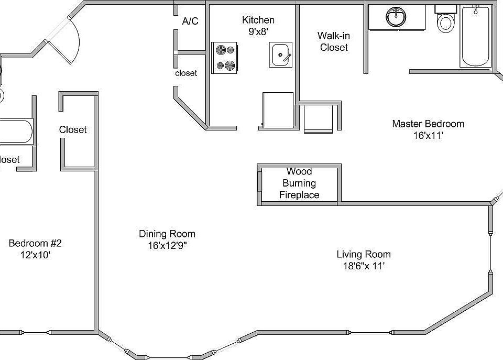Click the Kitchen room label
[x=258, y=20]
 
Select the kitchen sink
[x=282, y=54]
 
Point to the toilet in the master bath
[x=446, y=20]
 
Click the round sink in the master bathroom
[x=397, y=17]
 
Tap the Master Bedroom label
[x=428, y=124]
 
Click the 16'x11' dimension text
[x=428, y=135]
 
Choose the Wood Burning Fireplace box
[x=300, y=183]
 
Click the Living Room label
[x=363, y=254]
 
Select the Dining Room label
[x=167, y=234]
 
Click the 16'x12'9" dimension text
[x=167, y=245]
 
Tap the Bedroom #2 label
[x=35, y=243]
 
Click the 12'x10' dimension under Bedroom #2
[x=35, y=255]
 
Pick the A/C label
[x=190, y=21]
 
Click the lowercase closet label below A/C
[x=186, y=73]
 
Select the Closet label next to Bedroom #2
[x=73, y=129]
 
